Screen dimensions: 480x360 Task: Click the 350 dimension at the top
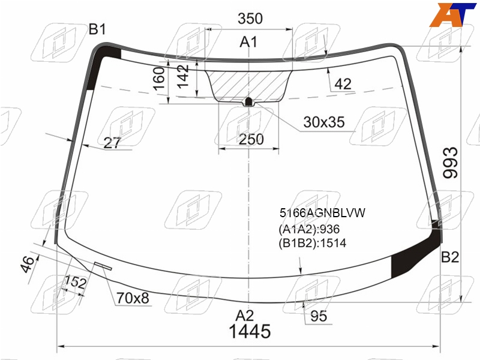tap(250, 19)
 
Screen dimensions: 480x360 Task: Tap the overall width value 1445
tap(250, 332)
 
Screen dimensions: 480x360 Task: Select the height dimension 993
tap(451, 163)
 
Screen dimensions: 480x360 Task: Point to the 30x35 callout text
tap(324, 122)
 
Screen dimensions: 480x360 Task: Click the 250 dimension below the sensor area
tap(251, 139)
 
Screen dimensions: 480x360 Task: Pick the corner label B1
tap(97, 29)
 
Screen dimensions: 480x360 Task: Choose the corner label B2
tap(450, 257)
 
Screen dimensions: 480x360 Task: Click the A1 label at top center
tap(248, 42)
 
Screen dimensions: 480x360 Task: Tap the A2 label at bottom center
tap(245, 316)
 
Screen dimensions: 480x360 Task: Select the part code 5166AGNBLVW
tap(322, 213)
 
